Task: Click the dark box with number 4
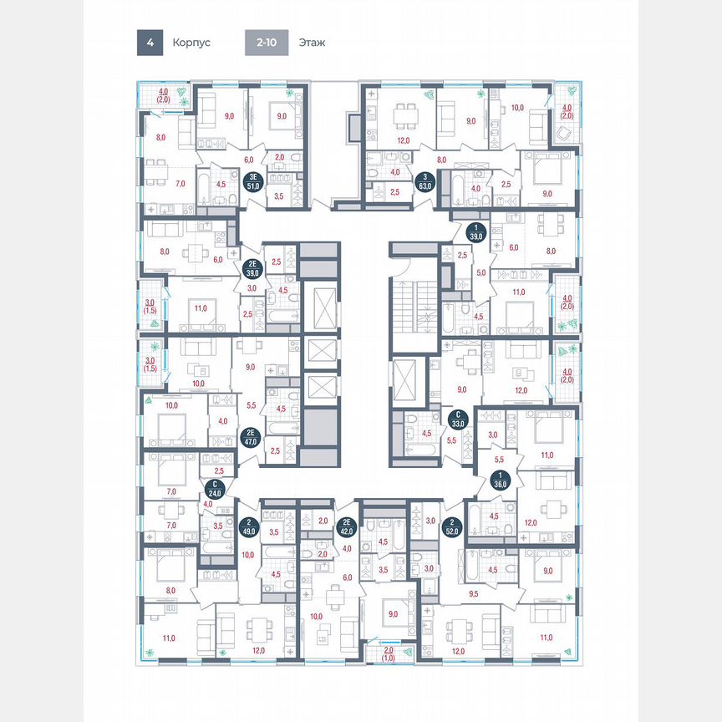[150, 42]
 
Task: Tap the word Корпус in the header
[191, 42]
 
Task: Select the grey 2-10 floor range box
[267, 42]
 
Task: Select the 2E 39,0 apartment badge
[252, 266]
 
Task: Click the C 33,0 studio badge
[457, 417]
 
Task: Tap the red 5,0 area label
[481, 272]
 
